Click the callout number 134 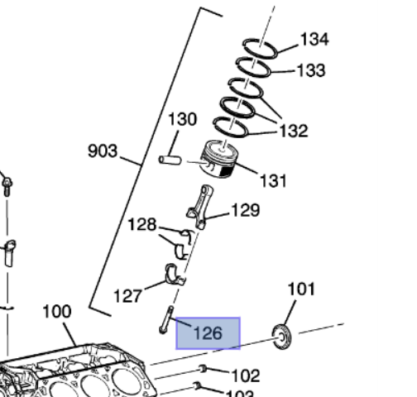coord(314,39)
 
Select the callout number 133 coord(310,71)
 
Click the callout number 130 coord(183,119)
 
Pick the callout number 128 coord(142,224)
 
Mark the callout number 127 coord(127,295)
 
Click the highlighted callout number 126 coord(208,333)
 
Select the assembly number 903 coord(103,151)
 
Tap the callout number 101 coord(301,289)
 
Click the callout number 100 coord(57,312)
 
